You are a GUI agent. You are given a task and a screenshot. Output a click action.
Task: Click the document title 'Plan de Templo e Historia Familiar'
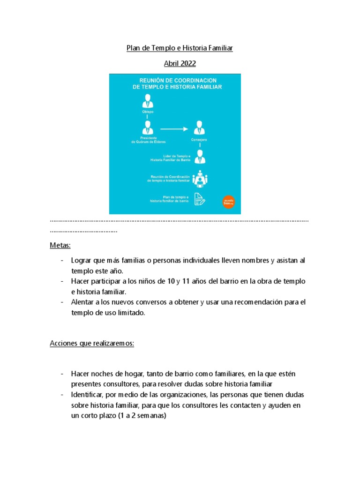(180, 48)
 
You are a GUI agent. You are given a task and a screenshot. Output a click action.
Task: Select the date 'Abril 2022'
(180, 64)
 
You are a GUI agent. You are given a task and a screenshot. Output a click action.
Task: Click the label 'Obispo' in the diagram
(148, 112)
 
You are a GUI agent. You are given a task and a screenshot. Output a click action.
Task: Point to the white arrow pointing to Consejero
(174, 127)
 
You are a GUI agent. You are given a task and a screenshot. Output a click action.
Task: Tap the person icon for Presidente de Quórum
(148, 127)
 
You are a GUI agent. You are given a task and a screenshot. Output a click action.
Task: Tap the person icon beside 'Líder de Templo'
(200, 157)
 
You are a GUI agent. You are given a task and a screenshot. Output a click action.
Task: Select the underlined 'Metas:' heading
(60, 245)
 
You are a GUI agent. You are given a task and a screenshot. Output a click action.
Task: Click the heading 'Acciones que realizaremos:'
(92, 343)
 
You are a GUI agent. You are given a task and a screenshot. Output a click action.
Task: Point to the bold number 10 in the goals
(172, 281)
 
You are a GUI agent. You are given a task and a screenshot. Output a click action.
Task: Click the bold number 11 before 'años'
(187, 281)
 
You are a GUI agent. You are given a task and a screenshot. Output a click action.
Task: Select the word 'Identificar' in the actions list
(87, 395)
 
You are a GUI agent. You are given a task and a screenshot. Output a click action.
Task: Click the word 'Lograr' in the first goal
(81, 260)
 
